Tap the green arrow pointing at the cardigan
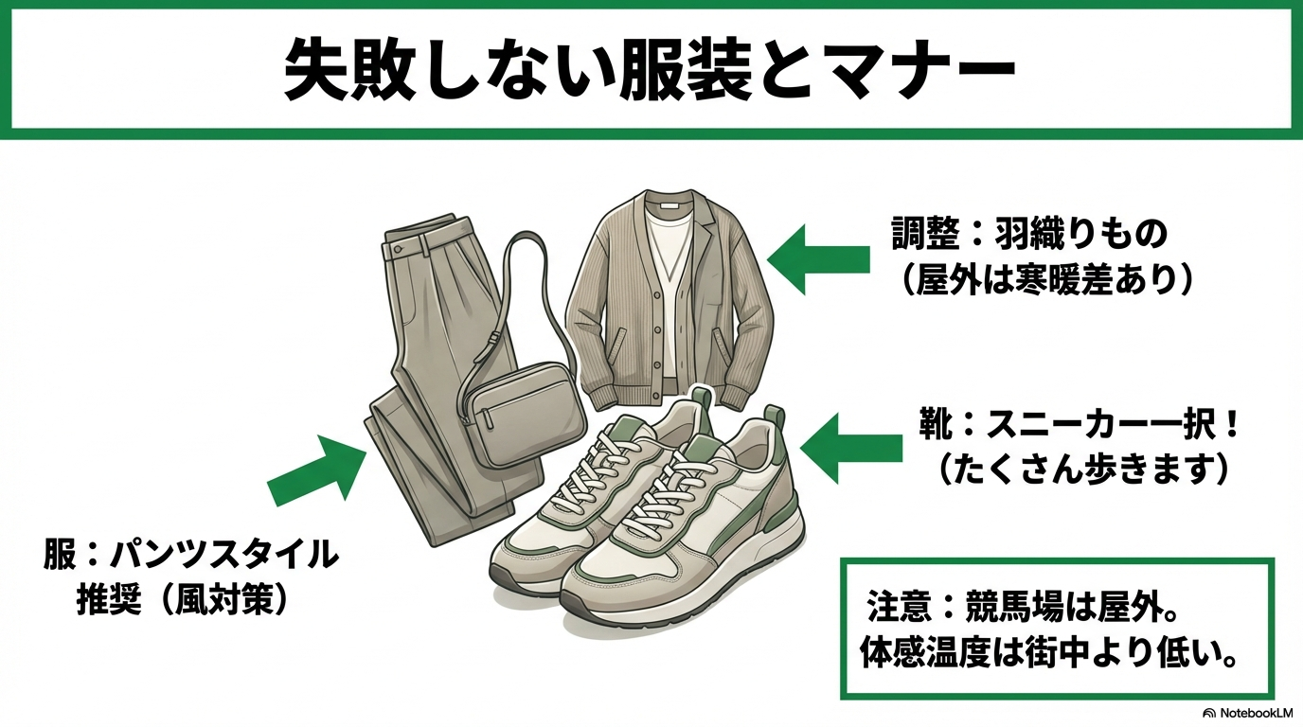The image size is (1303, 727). point(817,258)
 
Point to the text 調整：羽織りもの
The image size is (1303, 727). point(1031,234)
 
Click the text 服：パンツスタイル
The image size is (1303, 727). point(190,556)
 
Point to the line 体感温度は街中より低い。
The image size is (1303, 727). point(1050,653)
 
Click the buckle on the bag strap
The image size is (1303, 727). point(495,338)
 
